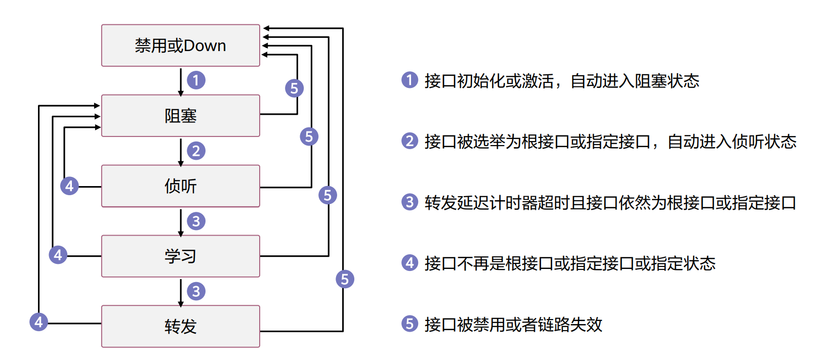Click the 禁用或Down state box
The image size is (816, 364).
click(180, 45)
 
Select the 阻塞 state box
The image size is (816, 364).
click(180, 116)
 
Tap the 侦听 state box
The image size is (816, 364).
click(180, 186)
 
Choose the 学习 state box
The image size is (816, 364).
click(180, 256)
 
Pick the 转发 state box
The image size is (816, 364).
click(180, 327)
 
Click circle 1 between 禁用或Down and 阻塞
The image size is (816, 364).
click(196, 80)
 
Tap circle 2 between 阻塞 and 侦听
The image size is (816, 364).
click(196, 151)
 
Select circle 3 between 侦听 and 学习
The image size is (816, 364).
click(196, 221)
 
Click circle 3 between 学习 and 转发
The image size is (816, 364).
click(196, 291)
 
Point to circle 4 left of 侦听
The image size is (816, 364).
click(69, 186)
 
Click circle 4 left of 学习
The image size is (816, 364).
click(58, 254)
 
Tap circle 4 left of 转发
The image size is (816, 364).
click(38, 322)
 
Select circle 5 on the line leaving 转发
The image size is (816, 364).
click(345, 279)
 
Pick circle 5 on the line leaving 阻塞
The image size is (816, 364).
click(294, 88)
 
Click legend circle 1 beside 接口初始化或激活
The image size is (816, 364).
click(410, 80)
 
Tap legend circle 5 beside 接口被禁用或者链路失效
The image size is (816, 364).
click(410, 324)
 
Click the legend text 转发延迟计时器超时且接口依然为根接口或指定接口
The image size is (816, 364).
click(610, 203)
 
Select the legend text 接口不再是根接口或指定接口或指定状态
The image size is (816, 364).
click(569, 263)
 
